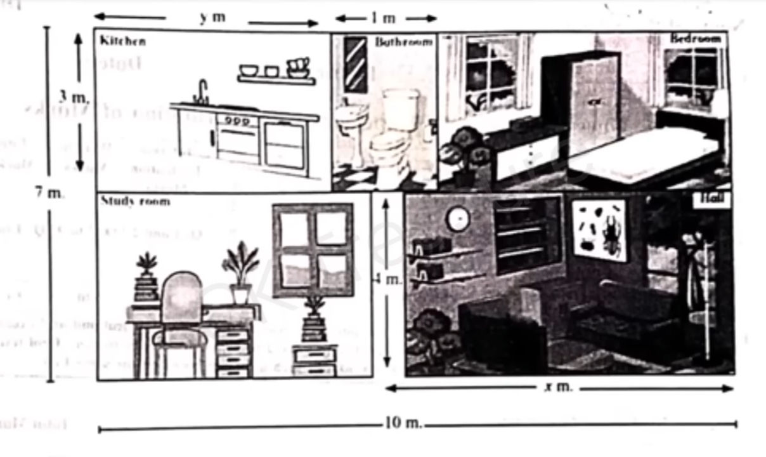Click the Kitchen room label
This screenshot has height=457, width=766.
pyautogui.click(x=122, y=41)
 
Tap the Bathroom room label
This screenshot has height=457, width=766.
pyautogui.click(x=403, y=43)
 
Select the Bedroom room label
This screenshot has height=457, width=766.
pyautogui.click(x=696, y=39)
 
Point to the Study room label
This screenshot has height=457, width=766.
pyautogui.click(x=135, y=201)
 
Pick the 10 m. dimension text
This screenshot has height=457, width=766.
pyautogui.click(x=403, y=423)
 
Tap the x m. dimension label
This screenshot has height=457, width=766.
pyautogui.click(x=558, y=387)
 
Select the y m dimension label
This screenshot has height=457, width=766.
pyautogui.click(x=212, y=18)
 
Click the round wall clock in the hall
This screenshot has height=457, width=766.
pyautogui.click(x=457, y=219)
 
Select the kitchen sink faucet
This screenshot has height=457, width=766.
pyautogui.click(x=202, y=91)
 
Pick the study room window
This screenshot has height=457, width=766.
pyautogui.click(x=313, y=249)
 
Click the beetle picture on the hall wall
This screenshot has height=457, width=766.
pyautogui.click(x=599, y=230)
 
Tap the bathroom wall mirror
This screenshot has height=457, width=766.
pyautogui.click(x=355, y=64)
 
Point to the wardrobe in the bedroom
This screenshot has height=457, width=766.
pyautogui.click(x=592, y=105)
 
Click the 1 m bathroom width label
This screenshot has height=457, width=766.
pyautogui.click(x=384, y=18)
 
